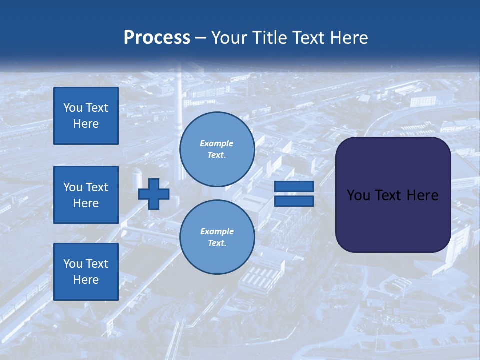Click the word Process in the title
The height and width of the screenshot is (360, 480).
click(157, 38)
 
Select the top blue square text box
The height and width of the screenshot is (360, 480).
click(86, 116)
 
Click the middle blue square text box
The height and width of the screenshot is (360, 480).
click(86, 195)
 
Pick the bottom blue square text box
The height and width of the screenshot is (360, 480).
click(86, 272)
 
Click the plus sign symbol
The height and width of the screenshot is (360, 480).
click(154, 193)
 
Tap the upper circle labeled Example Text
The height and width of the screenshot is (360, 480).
click(217, 149)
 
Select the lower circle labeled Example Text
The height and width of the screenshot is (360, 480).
click(217, 237)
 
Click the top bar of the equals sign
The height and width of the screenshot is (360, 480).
click(294, 186)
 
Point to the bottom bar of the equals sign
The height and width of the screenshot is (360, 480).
click(294, 201)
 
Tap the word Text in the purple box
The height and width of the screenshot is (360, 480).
click(393, 195)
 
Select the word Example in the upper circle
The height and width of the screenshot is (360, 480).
click(217, 144)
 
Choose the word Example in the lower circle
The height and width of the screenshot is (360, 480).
click(217, 232)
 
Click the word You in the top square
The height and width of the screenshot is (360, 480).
click(73, 108)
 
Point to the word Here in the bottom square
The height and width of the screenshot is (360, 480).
click(86, 280)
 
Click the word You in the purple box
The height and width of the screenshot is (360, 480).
click(359, 195)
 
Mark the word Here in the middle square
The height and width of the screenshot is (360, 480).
click(86, 203)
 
